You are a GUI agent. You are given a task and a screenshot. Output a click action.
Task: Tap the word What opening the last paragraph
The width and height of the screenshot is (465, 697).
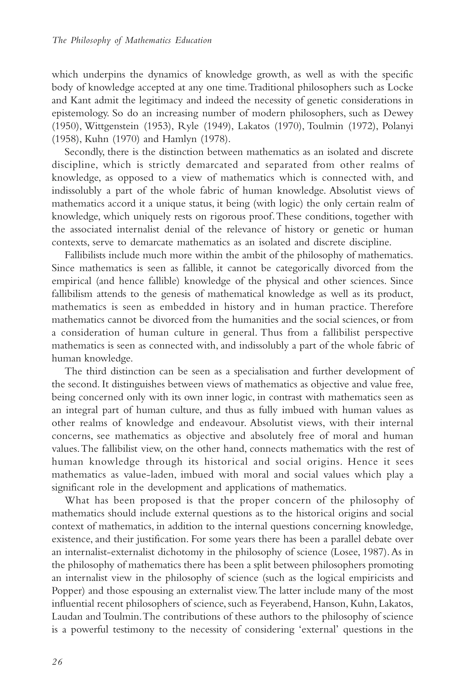[x=77, y=500]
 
